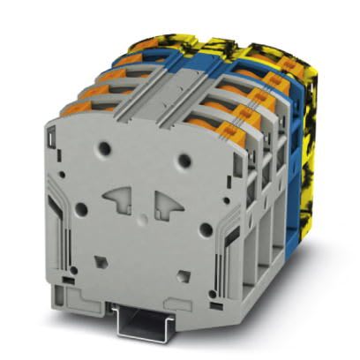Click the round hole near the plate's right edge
coord(204,228)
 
